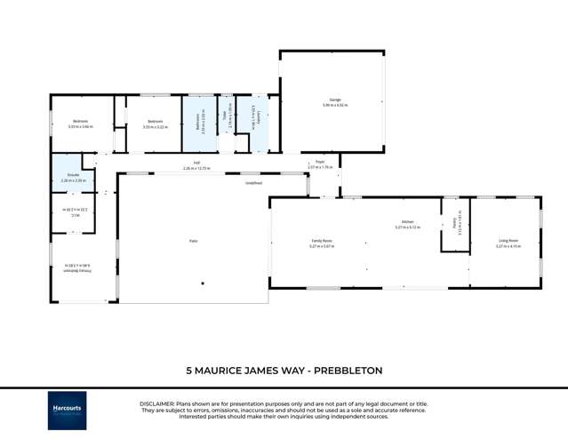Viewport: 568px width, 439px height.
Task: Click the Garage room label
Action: [335, 100]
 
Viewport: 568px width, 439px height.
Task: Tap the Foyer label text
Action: [320, 162]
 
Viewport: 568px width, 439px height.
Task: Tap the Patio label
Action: [193, 241]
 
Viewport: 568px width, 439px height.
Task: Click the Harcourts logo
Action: [68, 411]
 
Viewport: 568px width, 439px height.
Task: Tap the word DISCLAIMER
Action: [157, 403]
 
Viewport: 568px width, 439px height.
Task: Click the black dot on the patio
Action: [203, 283]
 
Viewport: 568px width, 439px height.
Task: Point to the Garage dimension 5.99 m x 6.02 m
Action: [335, 105]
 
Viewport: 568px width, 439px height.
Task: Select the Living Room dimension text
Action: [508, 245]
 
